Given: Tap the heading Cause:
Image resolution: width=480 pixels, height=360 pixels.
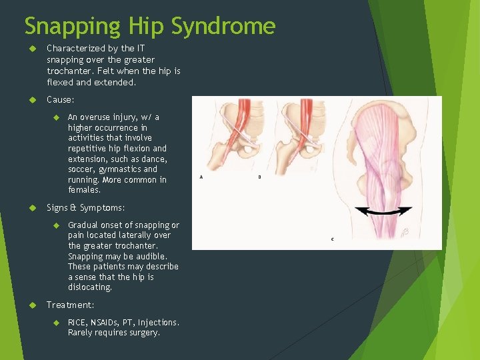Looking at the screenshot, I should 61,100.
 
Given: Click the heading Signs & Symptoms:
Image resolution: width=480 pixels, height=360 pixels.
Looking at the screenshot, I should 85,208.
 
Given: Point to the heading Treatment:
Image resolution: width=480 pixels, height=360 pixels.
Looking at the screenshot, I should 70,305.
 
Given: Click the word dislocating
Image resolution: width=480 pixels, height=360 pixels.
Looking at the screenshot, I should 89,287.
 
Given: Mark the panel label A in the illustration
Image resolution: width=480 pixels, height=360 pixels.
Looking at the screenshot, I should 201,177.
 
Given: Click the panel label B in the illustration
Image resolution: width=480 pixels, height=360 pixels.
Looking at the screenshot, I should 259,177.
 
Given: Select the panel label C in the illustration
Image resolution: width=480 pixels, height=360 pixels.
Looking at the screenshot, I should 332,239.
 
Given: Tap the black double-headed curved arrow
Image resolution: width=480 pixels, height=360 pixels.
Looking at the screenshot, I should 383,211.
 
